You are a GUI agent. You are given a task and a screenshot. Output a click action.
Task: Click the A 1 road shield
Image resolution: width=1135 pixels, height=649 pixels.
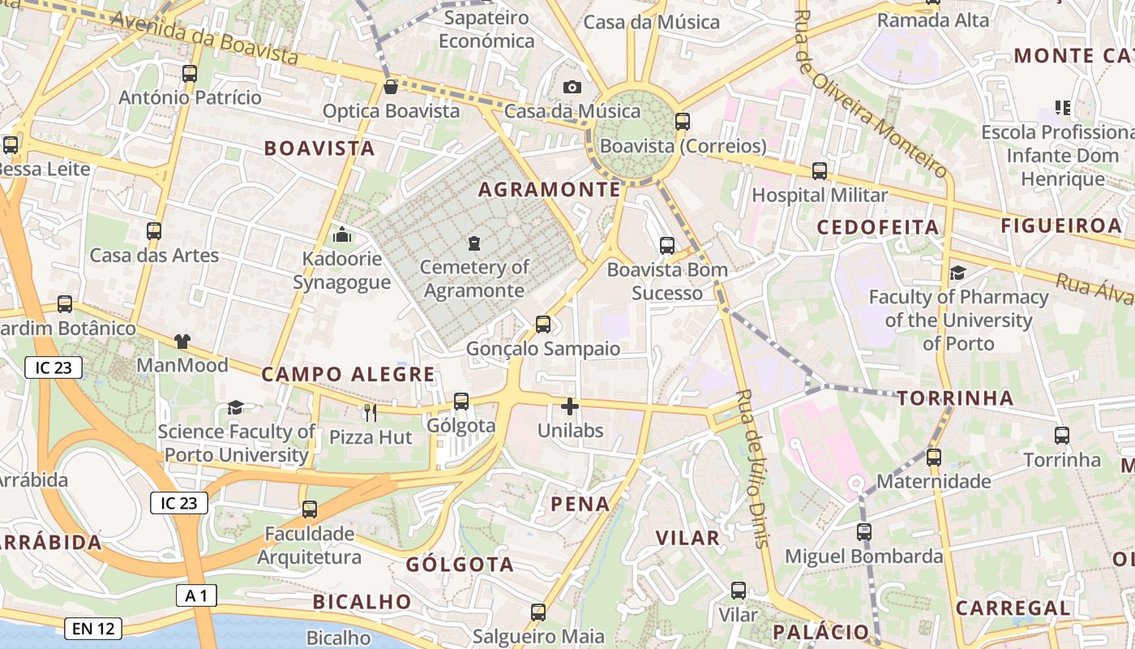tap(196, 596)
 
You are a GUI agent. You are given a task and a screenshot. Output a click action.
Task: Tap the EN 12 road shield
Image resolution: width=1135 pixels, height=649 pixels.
tap(92, 628)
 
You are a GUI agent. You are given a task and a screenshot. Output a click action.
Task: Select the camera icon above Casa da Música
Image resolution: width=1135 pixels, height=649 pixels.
tap(572, 87)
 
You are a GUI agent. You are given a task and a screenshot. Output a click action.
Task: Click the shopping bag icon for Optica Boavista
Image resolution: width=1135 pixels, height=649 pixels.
tap(391, 86)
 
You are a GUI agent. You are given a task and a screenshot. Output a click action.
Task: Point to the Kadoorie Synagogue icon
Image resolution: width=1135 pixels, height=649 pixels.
tap(342, 235)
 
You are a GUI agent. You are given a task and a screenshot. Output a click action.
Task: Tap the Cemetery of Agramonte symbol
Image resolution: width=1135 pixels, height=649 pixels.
tap(474, 243)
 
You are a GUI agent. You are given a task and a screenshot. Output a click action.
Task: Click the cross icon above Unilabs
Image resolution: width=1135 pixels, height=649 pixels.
tap(570, 406)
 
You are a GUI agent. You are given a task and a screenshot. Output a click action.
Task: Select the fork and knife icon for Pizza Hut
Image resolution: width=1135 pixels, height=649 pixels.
tap(370, 413)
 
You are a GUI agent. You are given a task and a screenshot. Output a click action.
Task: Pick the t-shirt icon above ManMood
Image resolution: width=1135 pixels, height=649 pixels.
tap(182, 342)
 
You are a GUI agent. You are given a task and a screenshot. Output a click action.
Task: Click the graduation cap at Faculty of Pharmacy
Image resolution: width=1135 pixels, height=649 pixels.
tap(957, 273)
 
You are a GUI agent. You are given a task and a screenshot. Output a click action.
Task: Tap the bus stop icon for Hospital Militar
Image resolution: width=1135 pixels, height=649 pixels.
tap(820, 171)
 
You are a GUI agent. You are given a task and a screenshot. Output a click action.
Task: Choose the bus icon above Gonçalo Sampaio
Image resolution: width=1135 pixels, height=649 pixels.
tap(543, 324)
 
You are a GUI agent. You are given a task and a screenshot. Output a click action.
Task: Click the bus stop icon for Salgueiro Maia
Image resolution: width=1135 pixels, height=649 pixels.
tap(538, 612)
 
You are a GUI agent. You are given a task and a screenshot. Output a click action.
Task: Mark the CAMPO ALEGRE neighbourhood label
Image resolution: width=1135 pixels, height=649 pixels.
tap(348, 375)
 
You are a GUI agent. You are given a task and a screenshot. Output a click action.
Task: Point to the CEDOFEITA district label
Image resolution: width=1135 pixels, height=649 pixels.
tap(877, 227)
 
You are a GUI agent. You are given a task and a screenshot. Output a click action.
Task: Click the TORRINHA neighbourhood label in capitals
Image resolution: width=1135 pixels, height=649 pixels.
tap(955, 398)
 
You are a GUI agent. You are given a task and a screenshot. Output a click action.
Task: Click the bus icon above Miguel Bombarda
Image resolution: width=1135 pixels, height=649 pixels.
tap(864, 532)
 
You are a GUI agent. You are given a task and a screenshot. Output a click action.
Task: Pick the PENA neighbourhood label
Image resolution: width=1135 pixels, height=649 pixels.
tap(580, 504)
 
